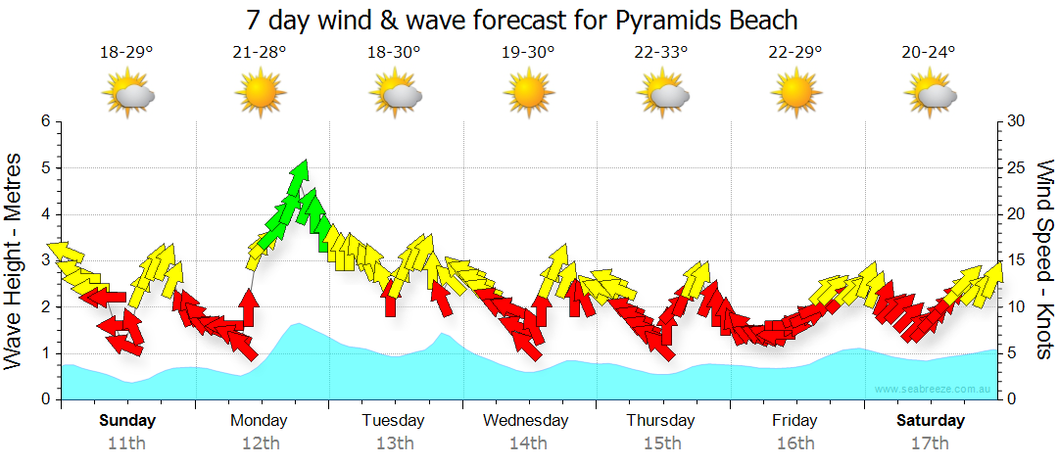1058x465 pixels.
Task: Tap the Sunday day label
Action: (x=126, y=421)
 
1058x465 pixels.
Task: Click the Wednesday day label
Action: (x=526, y=421)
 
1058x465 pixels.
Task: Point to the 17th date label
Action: (x=931, y=442)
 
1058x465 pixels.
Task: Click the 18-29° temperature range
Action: (x=126, y=53)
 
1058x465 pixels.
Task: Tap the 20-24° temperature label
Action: (x=929, y=53)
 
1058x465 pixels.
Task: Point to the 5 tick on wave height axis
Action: (x=45, y=168)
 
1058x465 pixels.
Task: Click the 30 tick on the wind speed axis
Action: (x=1016, y=121)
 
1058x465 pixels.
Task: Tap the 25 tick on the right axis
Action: (x=1016, y=168)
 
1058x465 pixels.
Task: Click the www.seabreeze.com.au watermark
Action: (x=935, y=389)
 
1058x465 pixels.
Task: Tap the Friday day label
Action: (x=794, y=421)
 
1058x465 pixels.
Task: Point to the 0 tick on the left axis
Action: (x=45, y=400)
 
